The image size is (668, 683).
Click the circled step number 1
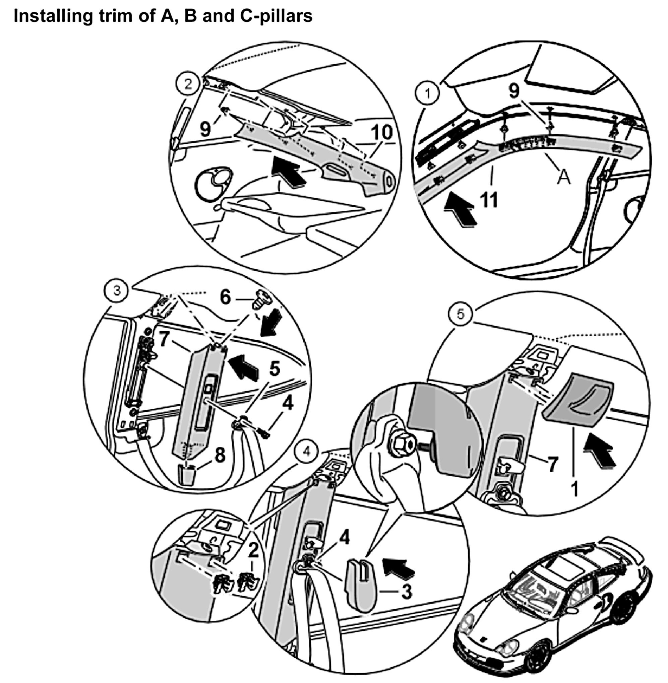tap(427, 93)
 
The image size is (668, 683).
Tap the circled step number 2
tap(188, 84)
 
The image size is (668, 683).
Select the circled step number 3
tap(117, 290)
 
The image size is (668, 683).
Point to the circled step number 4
tap(306, 452)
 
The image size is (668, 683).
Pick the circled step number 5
tap(460, 314)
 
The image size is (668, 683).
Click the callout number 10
tap(382, 133)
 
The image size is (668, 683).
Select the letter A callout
tap(564, 177)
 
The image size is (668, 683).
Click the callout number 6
tap(225, 297)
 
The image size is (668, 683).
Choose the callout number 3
tap(406, 592)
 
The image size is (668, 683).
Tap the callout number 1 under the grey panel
tap(574, 488)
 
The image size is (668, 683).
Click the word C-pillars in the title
tap(276, 16)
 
